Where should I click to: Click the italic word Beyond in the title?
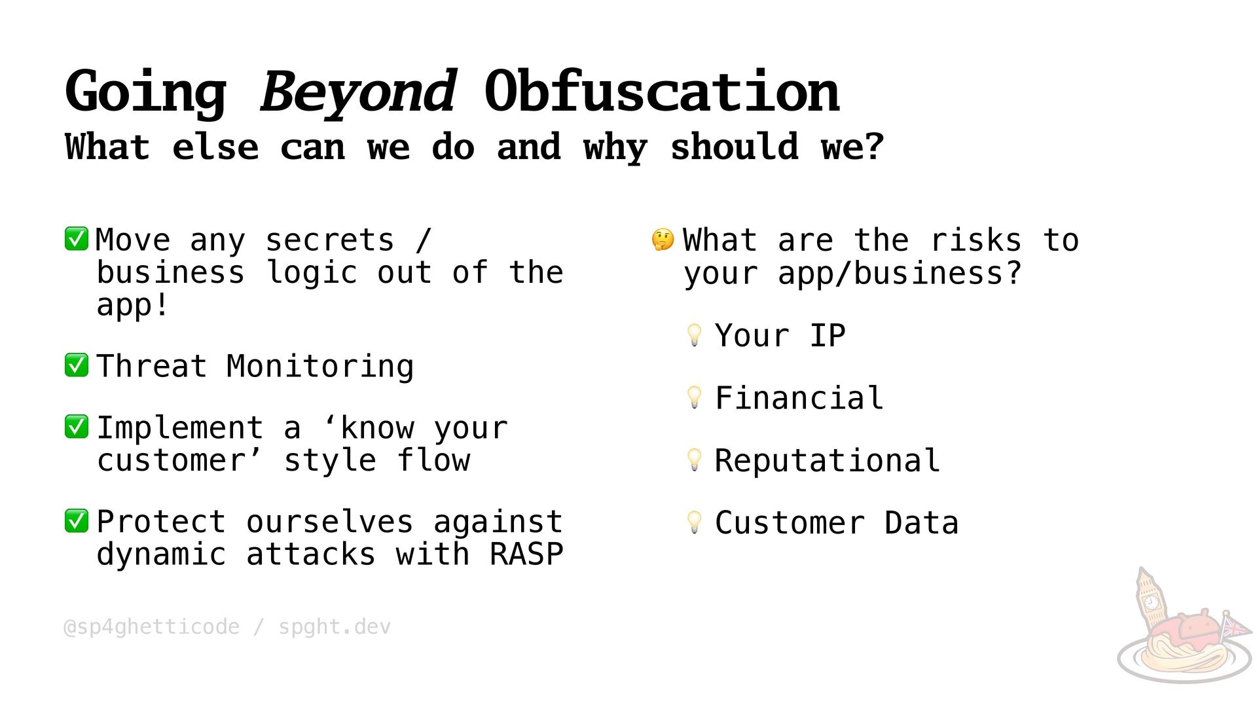(357, 92)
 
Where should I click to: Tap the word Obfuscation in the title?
(662, 91)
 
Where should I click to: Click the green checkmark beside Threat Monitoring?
(77, 365)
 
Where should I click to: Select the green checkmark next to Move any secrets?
(77, 239)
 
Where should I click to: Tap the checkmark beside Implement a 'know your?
(77, 427)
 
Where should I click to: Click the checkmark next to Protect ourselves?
(77, 521)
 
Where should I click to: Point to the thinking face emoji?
(663, 240)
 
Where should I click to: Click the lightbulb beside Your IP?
(695, 335)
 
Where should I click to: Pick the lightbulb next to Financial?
(695, 397)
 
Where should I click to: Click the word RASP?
(526, 554)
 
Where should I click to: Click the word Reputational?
(828, 460)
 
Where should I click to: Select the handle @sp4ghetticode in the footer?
(151, 627)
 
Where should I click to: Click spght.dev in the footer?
(335, 627)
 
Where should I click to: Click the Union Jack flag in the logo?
(1235, 627)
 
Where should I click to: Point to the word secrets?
(330, 240)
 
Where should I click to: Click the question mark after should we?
(874, 147)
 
